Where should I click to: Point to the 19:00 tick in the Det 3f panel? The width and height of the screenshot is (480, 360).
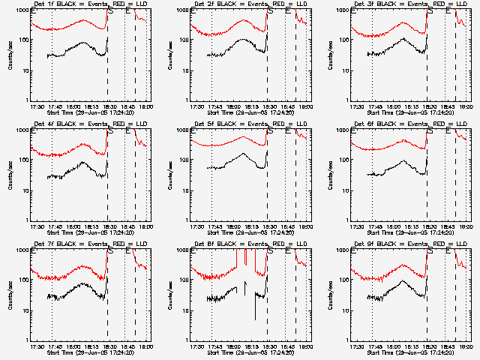point(466,106)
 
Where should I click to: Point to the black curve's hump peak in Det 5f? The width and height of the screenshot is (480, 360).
point(246,154)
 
